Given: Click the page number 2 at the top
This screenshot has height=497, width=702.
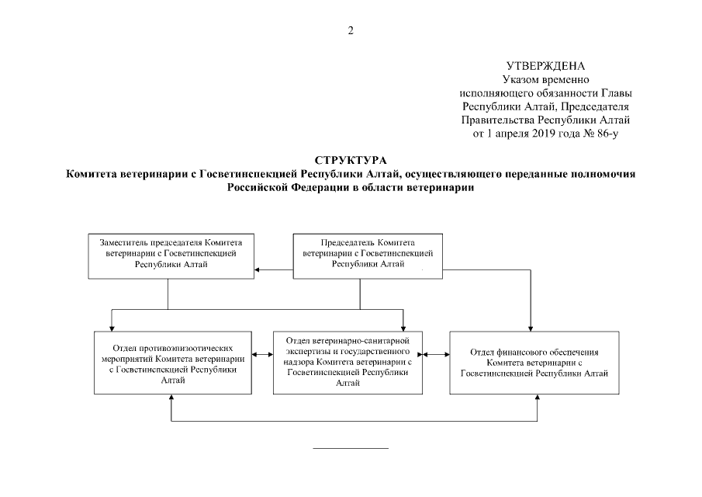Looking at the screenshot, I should [x=351, y=30].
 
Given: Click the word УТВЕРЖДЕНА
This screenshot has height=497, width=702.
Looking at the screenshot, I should [x=545, y=66].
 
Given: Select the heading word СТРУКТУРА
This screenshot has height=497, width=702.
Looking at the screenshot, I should [x=351, y=160].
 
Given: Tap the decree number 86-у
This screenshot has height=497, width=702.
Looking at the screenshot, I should [x=604, y=133].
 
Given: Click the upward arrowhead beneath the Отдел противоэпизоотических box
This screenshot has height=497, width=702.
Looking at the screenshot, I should [x=171, y=398].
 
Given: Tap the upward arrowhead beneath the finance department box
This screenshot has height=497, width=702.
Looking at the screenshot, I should [x=536, y=398].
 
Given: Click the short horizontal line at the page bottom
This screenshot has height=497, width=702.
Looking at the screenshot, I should [x=350, y=448].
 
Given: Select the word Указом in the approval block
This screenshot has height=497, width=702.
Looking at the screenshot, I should [x=520, y=80].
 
